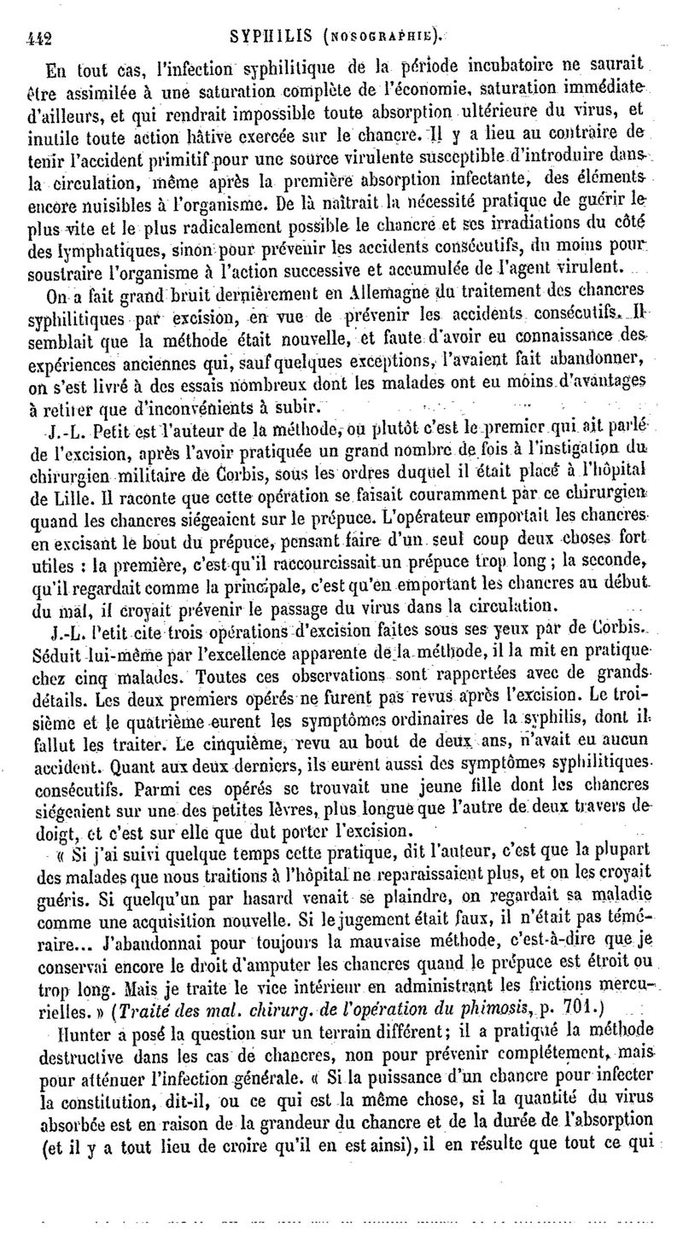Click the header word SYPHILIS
(x=260, y=36)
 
